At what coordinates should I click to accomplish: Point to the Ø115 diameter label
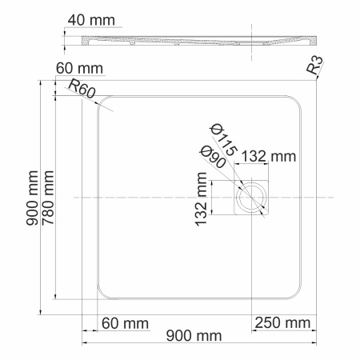(223, 138)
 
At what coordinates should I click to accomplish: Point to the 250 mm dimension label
(282, 322)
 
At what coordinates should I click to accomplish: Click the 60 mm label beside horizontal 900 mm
(125, 322)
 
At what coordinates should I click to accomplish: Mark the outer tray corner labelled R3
(317, 80)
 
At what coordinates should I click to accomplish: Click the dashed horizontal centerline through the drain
(144, 196)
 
